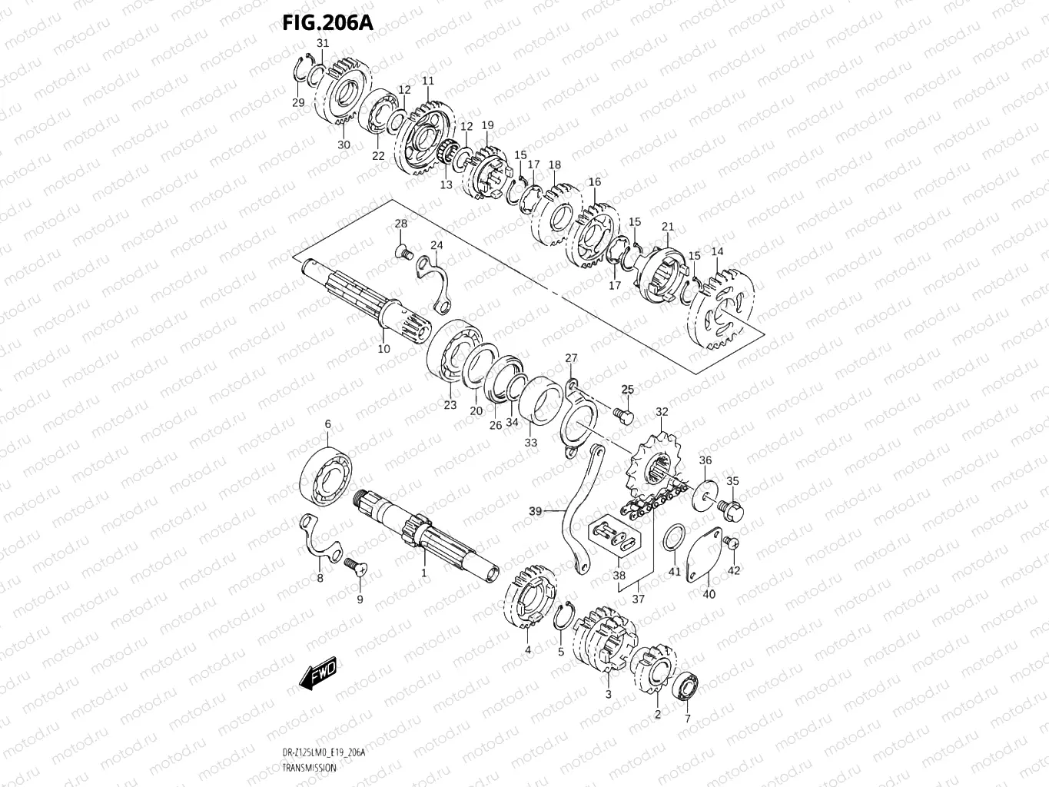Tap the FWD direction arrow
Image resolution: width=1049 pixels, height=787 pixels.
click(317, 673)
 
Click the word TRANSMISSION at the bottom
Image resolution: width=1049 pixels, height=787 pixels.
click(309, 768)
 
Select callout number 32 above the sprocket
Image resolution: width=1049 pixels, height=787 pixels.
click(662, 412)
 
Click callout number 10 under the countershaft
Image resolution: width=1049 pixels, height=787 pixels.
click(384, 349)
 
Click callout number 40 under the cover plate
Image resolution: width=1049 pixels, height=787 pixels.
click(709, 594)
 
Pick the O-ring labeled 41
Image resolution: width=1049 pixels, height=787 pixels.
click(673, 538)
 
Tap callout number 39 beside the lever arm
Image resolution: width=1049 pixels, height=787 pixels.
click(535, 510)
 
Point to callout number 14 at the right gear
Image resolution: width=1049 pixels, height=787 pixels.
click(717, 251)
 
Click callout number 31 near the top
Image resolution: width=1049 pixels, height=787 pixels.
click(323, 43)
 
